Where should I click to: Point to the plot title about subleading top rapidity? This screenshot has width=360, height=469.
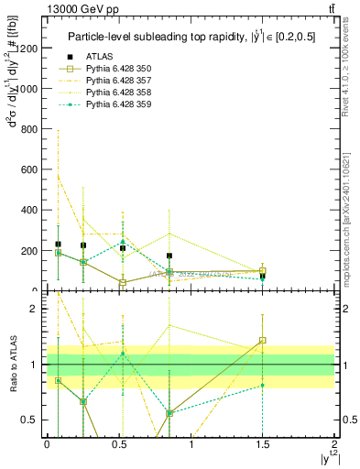[x=191, y=37]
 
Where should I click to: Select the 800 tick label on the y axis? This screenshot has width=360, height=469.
[x=30, y=129]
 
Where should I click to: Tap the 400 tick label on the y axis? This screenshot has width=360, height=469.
[x=30, y=210]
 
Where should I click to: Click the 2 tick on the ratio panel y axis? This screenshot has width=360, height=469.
[x=37, y=310]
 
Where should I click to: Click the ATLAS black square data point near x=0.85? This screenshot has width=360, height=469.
[x=169, y=256]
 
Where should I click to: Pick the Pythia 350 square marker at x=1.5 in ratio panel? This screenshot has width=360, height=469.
[x=262, y=340]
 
